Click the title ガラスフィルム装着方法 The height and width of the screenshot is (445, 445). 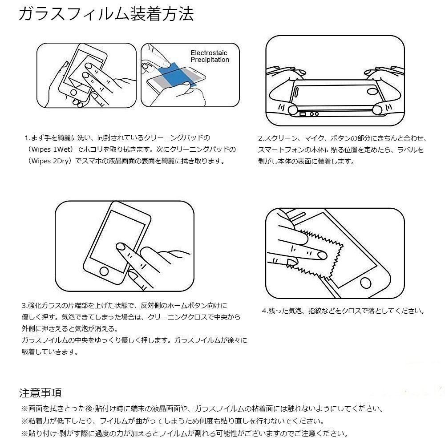point(106,14)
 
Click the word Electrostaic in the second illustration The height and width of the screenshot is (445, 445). point(209,53)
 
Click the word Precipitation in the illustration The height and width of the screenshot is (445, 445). point(210,60)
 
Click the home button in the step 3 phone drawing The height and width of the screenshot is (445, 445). point(104,271)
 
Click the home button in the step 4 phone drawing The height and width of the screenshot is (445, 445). point(365,283)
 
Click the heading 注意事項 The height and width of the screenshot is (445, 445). point(40,393)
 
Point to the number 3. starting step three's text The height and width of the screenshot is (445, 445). point(24,306)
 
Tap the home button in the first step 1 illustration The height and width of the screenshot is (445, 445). point(73,93)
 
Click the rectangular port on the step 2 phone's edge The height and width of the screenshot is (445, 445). point(303,114)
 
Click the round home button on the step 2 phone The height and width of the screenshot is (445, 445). point(372,91)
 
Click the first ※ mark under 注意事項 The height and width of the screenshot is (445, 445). point(24,409)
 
